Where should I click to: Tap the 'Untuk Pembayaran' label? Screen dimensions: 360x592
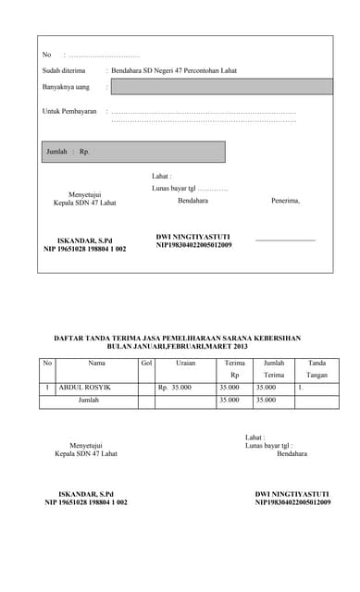(x=69, y=111)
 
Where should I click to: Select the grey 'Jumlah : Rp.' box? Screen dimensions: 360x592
(x=132, y=152)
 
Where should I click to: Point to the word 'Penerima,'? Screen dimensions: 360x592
(x=285, y=200)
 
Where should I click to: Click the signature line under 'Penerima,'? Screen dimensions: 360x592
(x=285, y=240)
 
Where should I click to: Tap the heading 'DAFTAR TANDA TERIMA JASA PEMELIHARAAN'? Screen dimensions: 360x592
(x=177, y=339)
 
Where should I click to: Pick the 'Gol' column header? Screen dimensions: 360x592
(x=146, y=364)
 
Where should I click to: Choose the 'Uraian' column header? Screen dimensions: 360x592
(x=185, y=364)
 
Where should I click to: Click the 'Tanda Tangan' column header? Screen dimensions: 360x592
(x=317, y=369)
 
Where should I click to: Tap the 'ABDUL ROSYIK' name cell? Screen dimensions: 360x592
(x=84, y=388)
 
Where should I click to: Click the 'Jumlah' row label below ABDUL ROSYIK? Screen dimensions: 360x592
(x=89, y=401)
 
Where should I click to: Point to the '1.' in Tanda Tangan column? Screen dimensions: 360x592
(x=300, y=388)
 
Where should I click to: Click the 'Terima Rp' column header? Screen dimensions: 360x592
(x=235, y=369)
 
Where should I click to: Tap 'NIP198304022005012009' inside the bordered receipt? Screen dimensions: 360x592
(x=193, y=245)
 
